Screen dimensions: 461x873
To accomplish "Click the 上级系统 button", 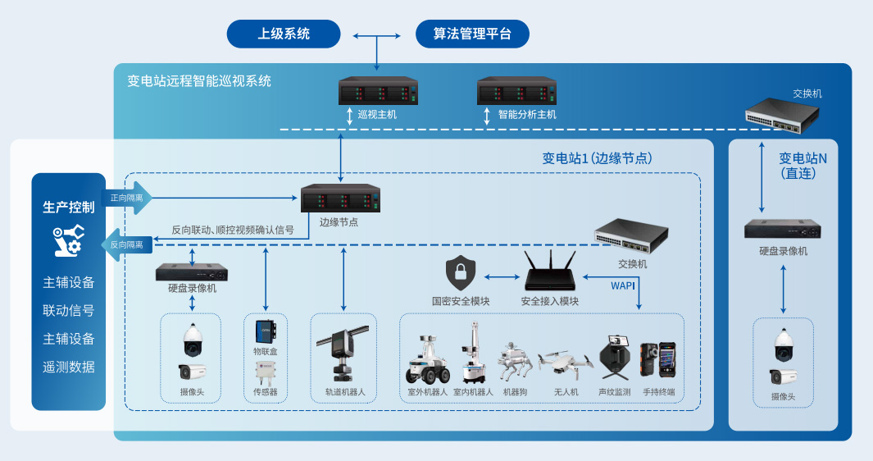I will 284,34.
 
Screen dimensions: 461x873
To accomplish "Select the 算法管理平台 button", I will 471,34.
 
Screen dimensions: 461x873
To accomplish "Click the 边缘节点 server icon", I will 340,199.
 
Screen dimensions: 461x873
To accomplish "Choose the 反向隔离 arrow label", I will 126,244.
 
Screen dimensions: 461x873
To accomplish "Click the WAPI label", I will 623,286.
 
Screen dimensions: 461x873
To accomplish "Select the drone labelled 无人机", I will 566,362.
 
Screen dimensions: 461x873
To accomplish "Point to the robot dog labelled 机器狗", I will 515,361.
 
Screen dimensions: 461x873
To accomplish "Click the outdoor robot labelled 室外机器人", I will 428,358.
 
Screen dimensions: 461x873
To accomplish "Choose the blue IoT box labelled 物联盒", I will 265,331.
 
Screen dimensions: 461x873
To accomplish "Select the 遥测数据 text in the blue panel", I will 69,367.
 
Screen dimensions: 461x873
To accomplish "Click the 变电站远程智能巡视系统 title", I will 199,81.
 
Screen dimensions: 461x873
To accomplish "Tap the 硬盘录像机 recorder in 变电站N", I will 783,229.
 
